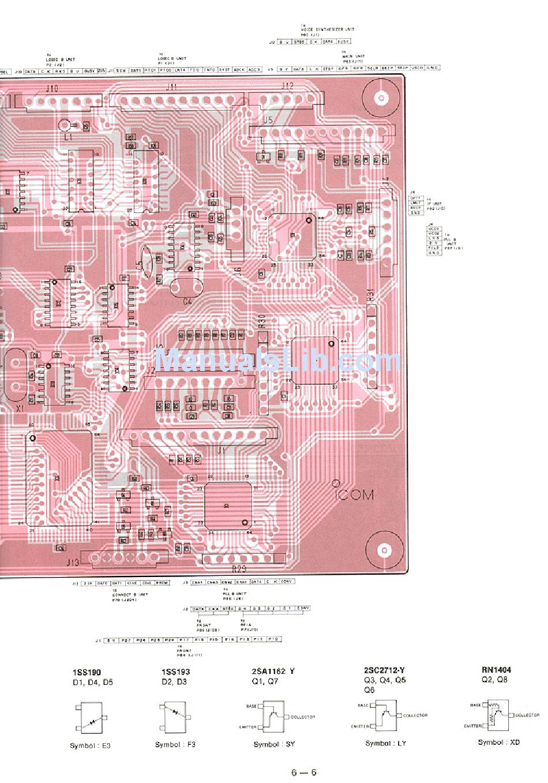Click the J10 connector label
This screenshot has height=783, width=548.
click(52, 88)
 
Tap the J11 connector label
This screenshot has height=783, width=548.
click(171, 87)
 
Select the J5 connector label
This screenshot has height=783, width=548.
click(267, 120)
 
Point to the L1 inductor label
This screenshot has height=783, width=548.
click(68, 138)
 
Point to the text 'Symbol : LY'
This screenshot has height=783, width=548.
click(385, 743)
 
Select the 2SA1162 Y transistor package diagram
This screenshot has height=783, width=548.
click(273, 716)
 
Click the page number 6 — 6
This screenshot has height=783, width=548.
click(304, 773)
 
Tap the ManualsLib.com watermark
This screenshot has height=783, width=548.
click(278, 362)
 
